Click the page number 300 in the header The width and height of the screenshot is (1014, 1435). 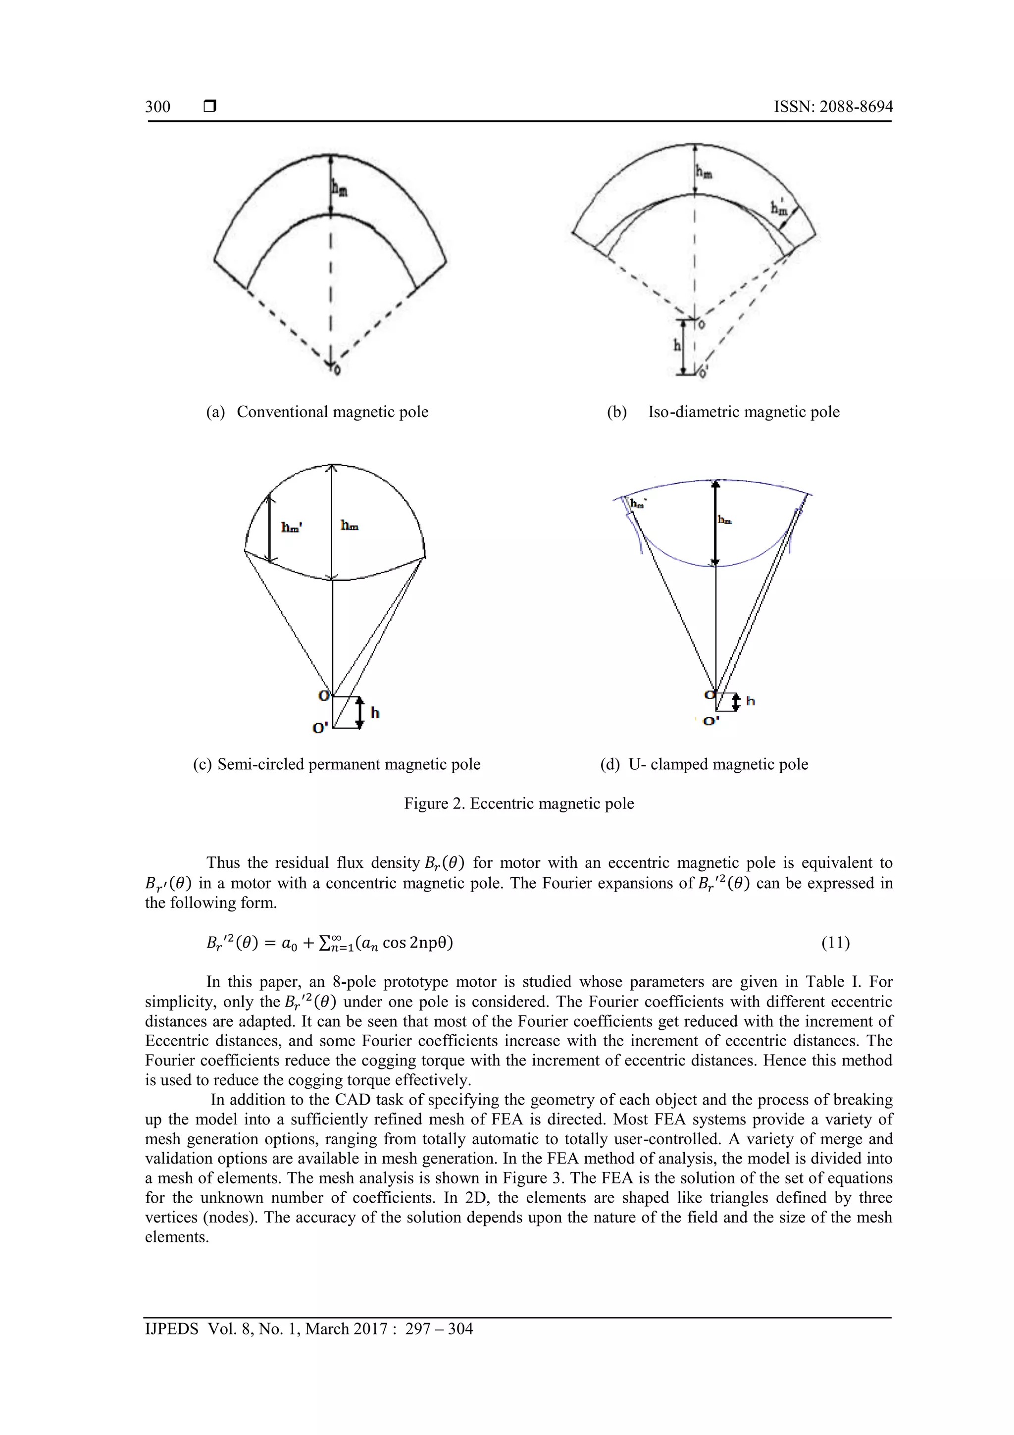pyautogui.click(x=157, y=107)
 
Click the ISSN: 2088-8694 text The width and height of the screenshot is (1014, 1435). pyautogui.click(x=833, y=107)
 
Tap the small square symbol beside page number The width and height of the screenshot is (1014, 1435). pyautogui.click(x=210, y=107)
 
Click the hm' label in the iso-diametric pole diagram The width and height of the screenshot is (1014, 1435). pyautogui.click(x=779, y=207)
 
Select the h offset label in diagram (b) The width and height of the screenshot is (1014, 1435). pyautogui.click(x=677, y=345)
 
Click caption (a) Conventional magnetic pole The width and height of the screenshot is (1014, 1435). pyautogui.click(x=317, y=412)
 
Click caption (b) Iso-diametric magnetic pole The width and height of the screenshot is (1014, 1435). pyautogui.click(x=723, y=412)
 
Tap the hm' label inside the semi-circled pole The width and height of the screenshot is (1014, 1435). pyautogui.click(x=292, y=527)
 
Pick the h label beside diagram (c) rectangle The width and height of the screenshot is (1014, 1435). pyautogui.click(x=375, y=712)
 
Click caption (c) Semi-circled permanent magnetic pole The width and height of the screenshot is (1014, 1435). pyautogui.click(x=337, y=764)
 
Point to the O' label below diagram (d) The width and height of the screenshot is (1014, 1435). pyautogui.click(x=711, y=721)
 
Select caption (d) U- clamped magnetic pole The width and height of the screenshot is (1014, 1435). pyautogui.click(x=704, y=764)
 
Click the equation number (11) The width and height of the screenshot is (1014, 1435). pyautogui.click(x=835, y=943)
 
